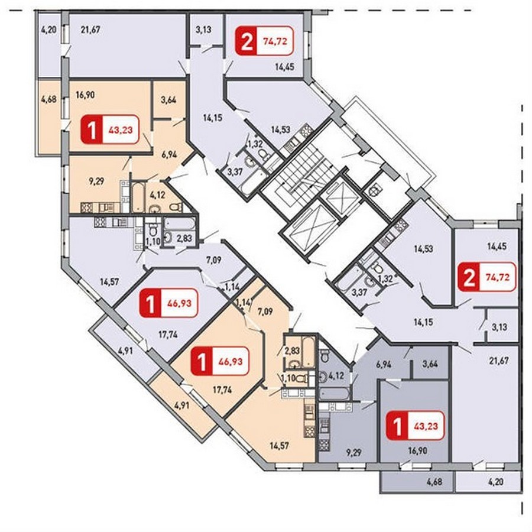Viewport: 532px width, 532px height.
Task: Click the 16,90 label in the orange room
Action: [x=85, y=95]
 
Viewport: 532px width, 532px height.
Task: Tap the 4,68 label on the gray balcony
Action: [x=434, y=481]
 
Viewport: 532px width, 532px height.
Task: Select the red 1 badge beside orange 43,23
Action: [x=92, y=129]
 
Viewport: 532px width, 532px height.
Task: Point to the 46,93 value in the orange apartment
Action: [x=231, y=361]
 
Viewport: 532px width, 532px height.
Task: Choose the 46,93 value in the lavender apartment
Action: [x=179, y=303]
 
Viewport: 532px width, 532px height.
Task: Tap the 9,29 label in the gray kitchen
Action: [x=353, y=453]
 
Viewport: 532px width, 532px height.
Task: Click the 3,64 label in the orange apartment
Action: [x=168, y=100]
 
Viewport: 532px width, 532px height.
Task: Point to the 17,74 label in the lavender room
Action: [x=168, y=335]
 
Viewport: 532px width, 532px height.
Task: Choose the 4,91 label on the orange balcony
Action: [x=183, y=406]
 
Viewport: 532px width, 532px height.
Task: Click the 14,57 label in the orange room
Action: [x=279, y=446]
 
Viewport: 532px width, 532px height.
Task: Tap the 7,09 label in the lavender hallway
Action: [x=214, y=261]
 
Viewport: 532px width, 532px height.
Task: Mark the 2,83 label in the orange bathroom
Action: [x=292, y=351]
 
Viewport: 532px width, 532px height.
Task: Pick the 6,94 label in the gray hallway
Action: [x=384, y=364]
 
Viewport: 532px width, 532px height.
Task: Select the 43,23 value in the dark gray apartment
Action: [x=426, y=426]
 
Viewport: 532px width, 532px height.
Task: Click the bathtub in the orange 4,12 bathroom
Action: [x=139, y=197]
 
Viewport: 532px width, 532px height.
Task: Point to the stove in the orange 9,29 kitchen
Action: [x=87, y=207]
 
